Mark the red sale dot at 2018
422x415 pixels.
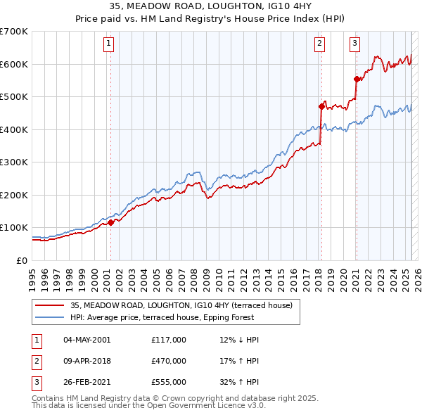(x=321, y=107)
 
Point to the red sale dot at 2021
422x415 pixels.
(x=357, y=79)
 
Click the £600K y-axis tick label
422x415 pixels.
(x=14, y=64)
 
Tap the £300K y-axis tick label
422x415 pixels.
(x=14, y=162)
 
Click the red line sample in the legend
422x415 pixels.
(x=49, y=305)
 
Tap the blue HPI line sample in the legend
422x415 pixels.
(x=49, y=317)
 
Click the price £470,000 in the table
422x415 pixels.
(x=169, y=361)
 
